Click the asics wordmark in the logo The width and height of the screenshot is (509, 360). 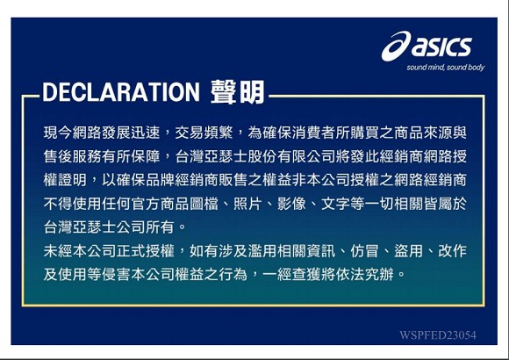coord(441,47)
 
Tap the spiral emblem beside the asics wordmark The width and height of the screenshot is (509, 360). coord(396,46)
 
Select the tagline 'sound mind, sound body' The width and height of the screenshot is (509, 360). coord(446,68)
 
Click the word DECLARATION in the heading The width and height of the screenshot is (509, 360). coord(121,92)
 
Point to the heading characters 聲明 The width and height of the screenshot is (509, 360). coord(238,92)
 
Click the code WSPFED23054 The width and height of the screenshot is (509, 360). coord(438,335)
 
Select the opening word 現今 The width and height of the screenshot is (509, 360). coord(58,133)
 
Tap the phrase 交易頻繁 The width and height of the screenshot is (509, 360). coord(204,133)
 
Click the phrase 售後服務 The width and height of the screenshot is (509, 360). coord(72,156)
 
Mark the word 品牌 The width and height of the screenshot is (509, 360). coord(160,180)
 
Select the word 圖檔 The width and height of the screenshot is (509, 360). coord(204,204)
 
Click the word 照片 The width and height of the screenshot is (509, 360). coord(247,204)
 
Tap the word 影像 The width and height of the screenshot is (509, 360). coord(291,204)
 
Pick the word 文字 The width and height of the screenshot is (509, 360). coord(335,204)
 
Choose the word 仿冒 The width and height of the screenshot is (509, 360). coord(364,251)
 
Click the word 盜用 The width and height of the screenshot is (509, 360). coord(408,251)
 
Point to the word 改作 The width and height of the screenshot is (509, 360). coord(452,251)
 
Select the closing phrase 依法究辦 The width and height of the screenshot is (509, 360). coord(364,275)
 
